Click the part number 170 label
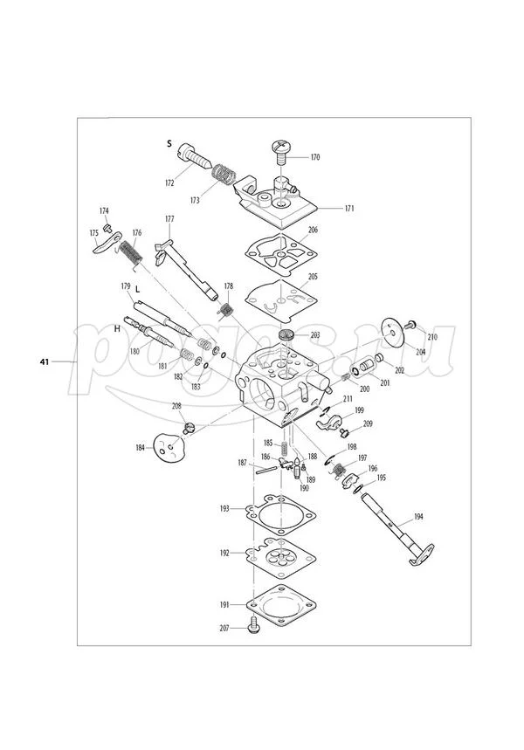[x=314, y=158]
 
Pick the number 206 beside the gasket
[x=313, y=231]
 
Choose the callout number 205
[x=313, y=277]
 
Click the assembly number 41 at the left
[x=45, y=361]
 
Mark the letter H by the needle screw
[x=116, y=329]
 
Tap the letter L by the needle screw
[x=136, y=300]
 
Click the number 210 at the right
[x=431, y=337]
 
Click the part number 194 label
[x=418, y=518]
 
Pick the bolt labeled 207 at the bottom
[x=254, y=625]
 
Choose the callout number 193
[x=224, y=507]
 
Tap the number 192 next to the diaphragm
[x=224, y=554]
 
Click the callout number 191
[x=224, y=604]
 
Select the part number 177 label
[x=169, y=218]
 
